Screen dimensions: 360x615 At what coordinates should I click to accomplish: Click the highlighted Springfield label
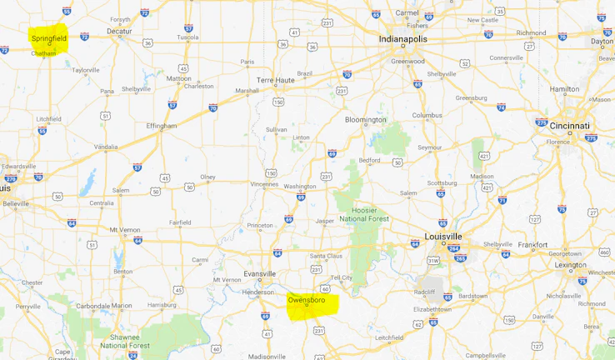(x=48, y=38)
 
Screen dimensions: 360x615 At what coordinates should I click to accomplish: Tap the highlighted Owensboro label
(x=306, y=299)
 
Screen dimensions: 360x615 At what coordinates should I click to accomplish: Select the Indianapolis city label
(x=407, y=39)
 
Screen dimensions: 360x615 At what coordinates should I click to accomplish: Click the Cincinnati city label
(x=568, y=126)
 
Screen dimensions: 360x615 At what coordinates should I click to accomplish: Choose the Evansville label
(x=259, y=273)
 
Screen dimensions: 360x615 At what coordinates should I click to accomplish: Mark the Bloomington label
(x=366, y=119)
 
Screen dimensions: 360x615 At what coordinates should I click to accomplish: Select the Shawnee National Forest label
(x=125, y=340)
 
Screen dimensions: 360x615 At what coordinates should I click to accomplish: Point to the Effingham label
(x=162, y=126)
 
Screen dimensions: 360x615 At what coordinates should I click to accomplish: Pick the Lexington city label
(x=571, y=265)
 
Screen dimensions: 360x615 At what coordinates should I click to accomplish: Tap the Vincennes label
(x=264, y=184)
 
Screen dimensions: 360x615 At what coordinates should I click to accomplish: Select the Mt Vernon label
(x=126, y=229)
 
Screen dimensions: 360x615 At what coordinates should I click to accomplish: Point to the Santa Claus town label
(x=326, y=255)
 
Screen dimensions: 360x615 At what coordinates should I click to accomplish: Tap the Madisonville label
(x=267, y=356)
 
